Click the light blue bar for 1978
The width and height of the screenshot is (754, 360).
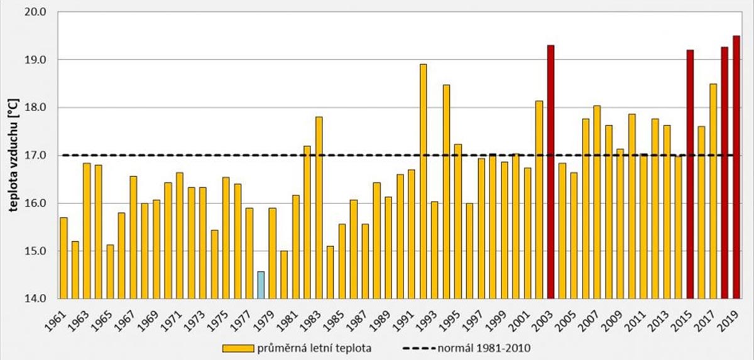click(x=261, y=285)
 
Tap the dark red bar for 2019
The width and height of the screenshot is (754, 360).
click(x=736, y=167)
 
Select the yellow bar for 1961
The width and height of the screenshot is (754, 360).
click(x=63, y=258)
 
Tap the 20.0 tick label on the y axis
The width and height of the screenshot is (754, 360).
click(x=36, y=12)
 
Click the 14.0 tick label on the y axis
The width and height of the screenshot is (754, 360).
click(x=36, y=298)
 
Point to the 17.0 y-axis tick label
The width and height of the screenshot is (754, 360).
click(x=36, y=155)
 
